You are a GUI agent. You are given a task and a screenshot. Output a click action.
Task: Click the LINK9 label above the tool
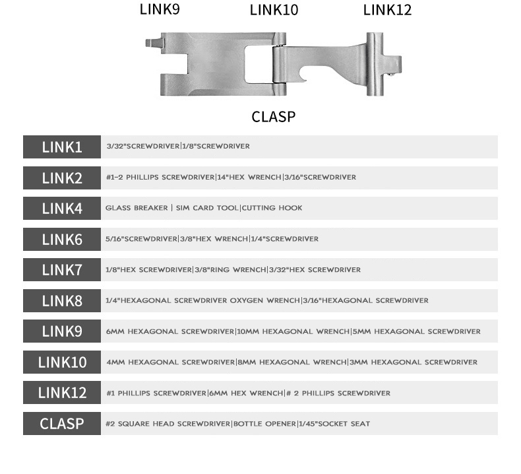(160, 9)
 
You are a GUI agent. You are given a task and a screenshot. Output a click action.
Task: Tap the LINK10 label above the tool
(274, 10)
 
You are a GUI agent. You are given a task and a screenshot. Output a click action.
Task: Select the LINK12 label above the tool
(387, 9)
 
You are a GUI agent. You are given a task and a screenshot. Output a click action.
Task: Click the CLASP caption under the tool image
(273, 117)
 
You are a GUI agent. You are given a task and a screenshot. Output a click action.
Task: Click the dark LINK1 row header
(62, 147)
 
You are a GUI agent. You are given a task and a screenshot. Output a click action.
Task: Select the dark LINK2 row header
(62, 178)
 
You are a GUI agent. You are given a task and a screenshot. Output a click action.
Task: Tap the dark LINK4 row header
(62, 209)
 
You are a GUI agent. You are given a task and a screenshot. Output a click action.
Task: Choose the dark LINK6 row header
(62, 239)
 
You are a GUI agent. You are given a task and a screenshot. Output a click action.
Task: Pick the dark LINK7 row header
(62, 270)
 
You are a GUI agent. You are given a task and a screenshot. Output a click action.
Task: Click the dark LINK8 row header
(62, 301)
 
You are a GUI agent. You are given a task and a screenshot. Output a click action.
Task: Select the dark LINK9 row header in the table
(62, 331)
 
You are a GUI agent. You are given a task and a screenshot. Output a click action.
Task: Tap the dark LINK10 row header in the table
(62, 362)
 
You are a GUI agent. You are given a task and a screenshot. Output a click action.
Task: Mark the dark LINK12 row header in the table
(62, 393)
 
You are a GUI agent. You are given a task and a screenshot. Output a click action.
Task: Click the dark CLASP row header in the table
(62, 423)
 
